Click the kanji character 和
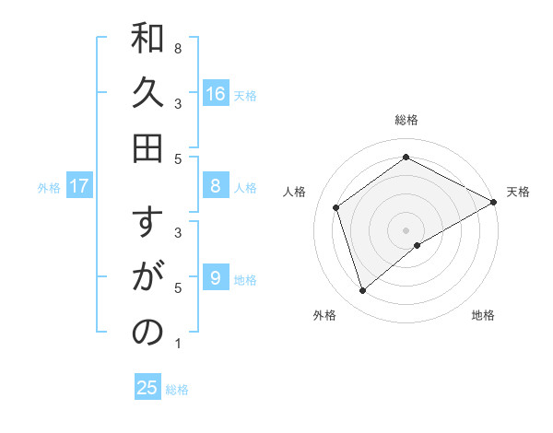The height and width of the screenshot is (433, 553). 147,40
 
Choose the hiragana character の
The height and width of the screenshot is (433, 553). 147,334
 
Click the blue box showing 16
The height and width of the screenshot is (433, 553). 216,93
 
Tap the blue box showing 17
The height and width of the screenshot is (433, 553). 79,186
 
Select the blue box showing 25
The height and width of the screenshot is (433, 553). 147,388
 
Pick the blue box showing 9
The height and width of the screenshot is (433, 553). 216,278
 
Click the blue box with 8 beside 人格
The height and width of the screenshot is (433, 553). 216,186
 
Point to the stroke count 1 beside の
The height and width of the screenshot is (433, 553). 178,344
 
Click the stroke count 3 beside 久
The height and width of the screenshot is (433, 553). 178,103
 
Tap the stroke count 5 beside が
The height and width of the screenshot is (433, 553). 178,287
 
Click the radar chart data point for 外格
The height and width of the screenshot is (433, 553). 362,291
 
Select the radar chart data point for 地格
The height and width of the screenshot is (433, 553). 418,245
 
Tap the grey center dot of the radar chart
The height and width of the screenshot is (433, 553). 406,229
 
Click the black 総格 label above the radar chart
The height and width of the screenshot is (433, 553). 406,120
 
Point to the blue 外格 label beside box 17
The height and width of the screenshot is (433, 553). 49,187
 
